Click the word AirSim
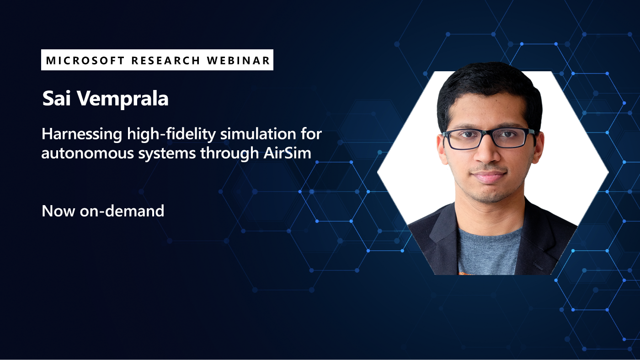287,154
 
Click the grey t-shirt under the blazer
489,251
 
